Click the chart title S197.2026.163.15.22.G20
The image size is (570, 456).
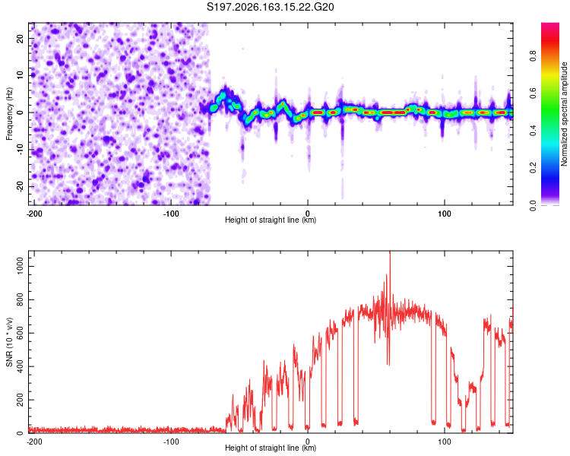click(x=270, y=7)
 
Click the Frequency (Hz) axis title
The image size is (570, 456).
click(x=9, y=114)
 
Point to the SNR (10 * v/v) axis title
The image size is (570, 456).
click(x=9, y=342)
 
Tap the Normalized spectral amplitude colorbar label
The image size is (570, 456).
click(x=564, y=114)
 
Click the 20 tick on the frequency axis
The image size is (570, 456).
click(x=20, y=38)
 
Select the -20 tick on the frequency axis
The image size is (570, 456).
click(x=20, y=186)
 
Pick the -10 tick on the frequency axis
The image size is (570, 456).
click(x=20, y=150)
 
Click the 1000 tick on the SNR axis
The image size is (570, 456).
click(x=20, y=267)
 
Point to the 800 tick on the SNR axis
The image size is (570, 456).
click(x=20, y=299)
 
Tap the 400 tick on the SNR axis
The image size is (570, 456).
click(x=20, y=366)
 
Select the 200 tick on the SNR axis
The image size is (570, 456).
click(x=20, y=400)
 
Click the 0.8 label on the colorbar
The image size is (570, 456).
click(x=533, y=56)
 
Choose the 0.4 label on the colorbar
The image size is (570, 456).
click(x=533, y=131)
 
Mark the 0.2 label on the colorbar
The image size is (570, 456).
click(x=533, y=168)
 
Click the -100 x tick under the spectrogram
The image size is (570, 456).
click(x=171, y=214)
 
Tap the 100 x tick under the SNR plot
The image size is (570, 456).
click(x=445, y=442)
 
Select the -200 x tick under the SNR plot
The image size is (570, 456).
click(x=34, y=442)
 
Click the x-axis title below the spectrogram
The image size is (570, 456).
click(x=271, y=220)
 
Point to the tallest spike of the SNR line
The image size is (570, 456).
click(x=390, y=252)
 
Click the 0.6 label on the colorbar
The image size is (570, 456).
click(x=533, y=93)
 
